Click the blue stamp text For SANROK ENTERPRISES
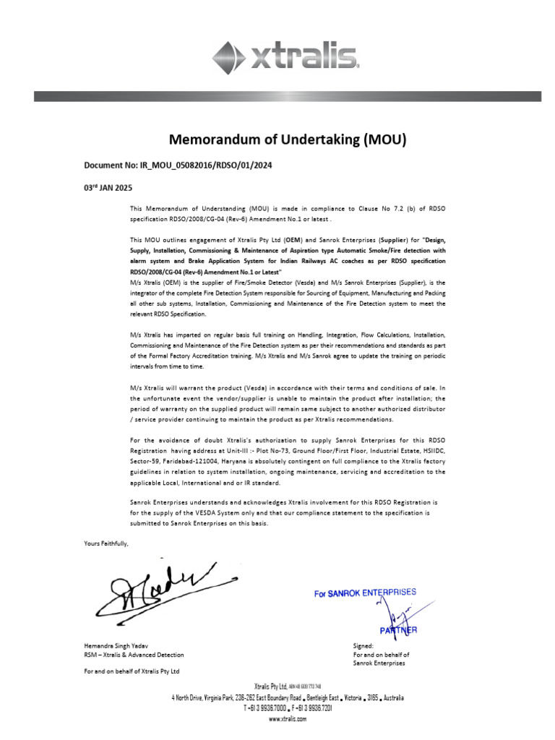pos(365,593)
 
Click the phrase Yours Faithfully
pos(106,543)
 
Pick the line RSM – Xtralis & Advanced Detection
pos(134,655)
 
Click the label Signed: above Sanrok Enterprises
pos(363,645)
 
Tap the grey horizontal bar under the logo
pos(287,96)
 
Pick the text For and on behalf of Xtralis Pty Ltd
pos(132,671)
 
